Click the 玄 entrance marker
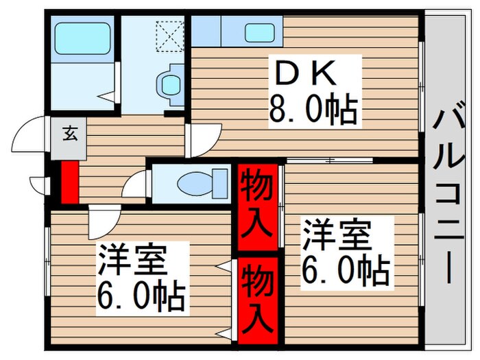point(70,132)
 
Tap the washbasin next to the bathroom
point(169,84)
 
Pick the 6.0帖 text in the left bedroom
point(140,296)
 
